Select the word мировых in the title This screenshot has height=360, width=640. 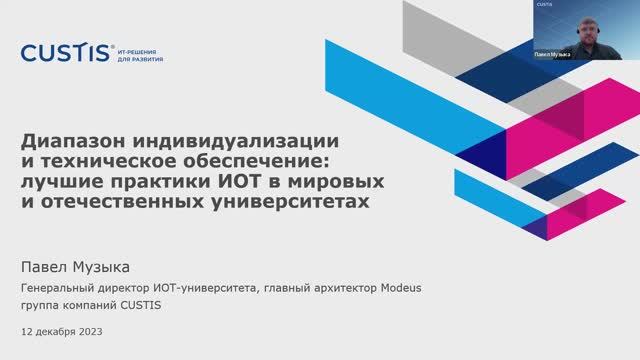coord(329,181)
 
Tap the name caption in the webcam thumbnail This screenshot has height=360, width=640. coord(553,54)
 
